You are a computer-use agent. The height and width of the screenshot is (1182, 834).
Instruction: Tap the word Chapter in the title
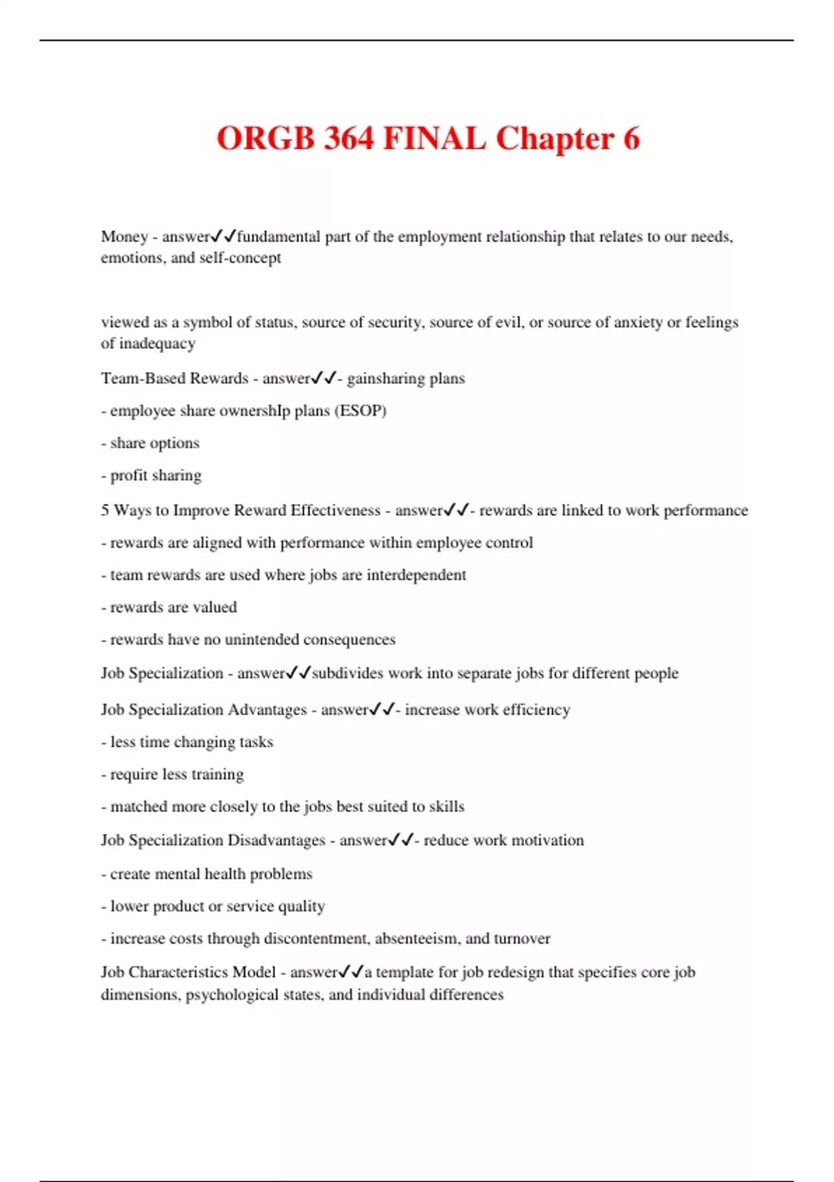pyautogui.click(x=554, y=138)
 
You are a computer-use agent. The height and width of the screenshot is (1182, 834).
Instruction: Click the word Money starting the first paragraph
pyautogui.click(x=124, y=236)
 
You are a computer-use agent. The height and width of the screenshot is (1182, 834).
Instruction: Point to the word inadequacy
pyautogui.click(x=157, y=343)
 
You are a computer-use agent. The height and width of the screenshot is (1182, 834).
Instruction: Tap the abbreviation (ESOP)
pyautogui.click(x=360, y=410)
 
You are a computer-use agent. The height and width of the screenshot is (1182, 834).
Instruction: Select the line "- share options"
pyautogui.click(x=150, y=443)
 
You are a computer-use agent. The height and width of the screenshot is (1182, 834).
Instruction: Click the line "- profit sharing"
pyautogui.click(x=152, y=475)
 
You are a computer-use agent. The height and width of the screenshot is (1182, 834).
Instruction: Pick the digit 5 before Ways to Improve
pyautogui.click(x=105, y=510)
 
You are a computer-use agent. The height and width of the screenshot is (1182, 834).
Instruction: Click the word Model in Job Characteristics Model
pyautogui.click(x=254, y=972)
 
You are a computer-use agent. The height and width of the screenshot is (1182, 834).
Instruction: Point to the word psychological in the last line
pyautogui.click(x=245, y=994)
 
